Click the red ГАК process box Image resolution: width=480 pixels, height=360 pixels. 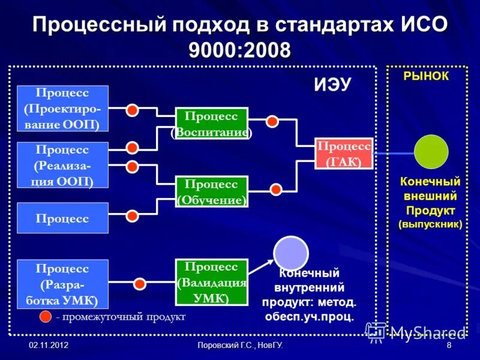tap(343, 154)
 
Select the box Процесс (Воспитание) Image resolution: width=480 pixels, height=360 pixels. tap(211, 124)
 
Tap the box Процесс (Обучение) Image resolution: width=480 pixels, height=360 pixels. tap(211, 192)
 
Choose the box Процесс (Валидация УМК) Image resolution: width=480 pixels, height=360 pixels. tap(211, 282)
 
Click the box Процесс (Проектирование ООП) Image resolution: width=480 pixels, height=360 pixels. tap(63, 109)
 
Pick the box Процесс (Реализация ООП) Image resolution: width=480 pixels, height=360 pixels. tap(63, 165)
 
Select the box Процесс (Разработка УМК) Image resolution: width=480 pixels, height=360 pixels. tap(63, 284)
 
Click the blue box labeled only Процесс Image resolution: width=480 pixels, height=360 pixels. tap(63, 218)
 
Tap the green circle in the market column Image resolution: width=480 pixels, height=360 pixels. tap(431, 152)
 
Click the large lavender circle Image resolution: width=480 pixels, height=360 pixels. tap(291, 253)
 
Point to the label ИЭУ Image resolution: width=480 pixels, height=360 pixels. tap(332, 85)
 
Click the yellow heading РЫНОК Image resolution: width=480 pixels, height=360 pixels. tap(426, 76)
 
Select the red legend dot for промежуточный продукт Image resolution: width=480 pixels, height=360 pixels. tap(46, 316)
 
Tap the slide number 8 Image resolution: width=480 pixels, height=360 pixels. tap(449, 346)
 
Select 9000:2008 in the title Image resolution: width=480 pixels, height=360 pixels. tap(239, 48)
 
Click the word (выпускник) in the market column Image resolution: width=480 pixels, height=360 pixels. tap(430, 224)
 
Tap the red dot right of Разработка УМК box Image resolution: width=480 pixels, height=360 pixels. tap(140, 284)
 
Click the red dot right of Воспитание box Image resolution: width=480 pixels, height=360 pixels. tap(272, 121)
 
